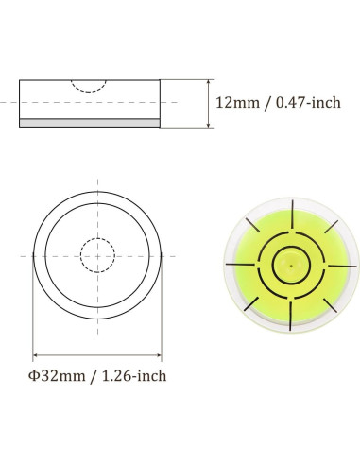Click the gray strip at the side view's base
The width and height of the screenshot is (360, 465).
(91, 123)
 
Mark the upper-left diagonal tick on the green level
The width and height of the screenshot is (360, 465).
(257, 233)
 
